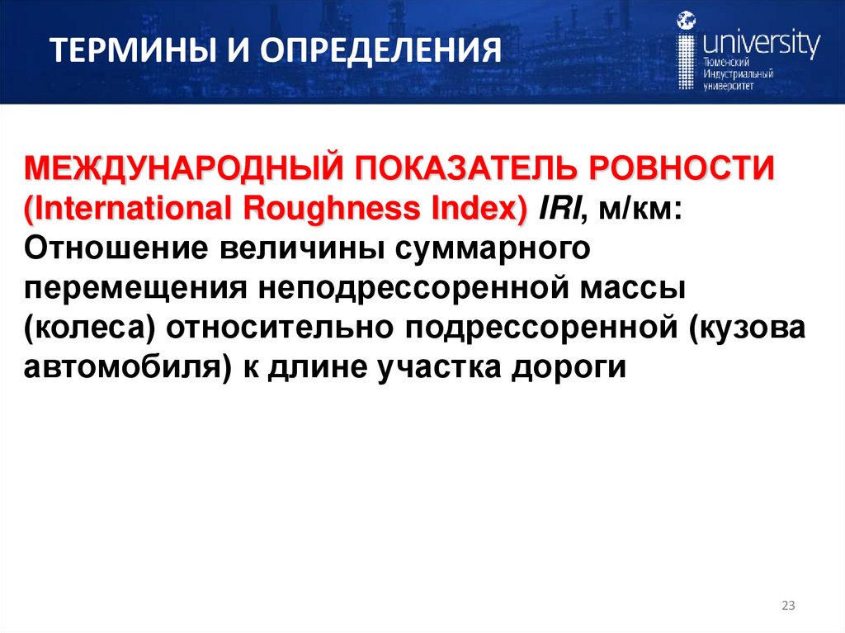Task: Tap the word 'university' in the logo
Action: pos(759,42)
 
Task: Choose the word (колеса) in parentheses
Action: pos(90,327)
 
